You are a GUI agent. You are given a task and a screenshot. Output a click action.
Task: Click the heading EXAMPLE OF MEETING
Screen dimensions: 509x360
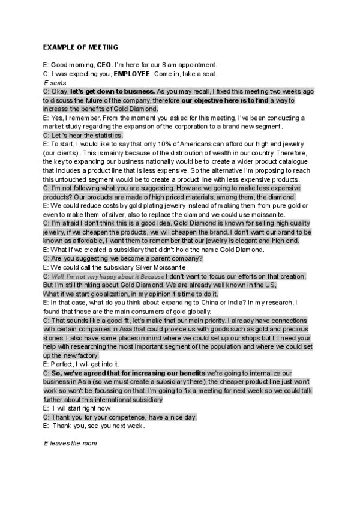(x=80, y=47)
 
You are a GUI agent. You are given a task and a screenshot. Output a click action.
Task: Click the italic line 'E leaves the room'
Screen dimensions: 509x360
(x=70, y=444)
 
